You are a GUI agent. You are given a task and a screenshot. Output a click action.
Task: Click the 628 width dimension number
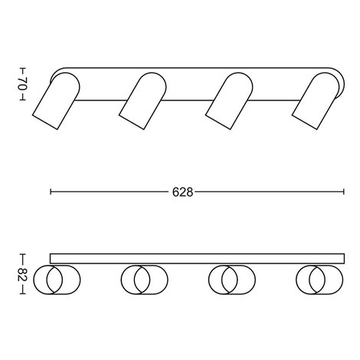click(182, 192)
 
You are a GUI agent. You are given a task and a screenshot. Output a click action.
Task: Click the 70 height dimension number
click(22, 83)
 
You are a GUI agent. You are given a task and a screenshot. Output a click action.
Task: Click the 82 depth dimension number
click(22, 274)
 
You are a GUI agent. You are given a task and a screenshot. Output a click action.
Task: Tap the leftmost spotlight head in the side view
click(57, 101)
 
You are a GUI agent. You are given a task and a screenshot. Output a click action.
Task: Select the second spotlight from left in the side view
click(143, 101)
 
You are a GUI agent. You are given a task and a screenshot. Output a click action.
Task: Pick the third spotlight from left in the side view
click(230, 101)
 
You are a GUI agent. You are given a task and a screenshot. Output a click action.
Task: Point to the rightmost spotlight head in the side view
click(316, 101)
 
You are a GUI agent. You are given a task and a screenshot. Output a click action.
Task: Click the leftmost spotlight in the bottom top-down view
click(57, 280)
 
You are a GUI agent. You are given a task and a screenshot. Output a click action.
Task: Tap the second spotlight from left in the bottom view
click(145, 280)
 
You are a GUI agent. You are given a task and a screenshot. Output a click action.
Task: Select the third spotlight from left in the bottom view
click(232, 280)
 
